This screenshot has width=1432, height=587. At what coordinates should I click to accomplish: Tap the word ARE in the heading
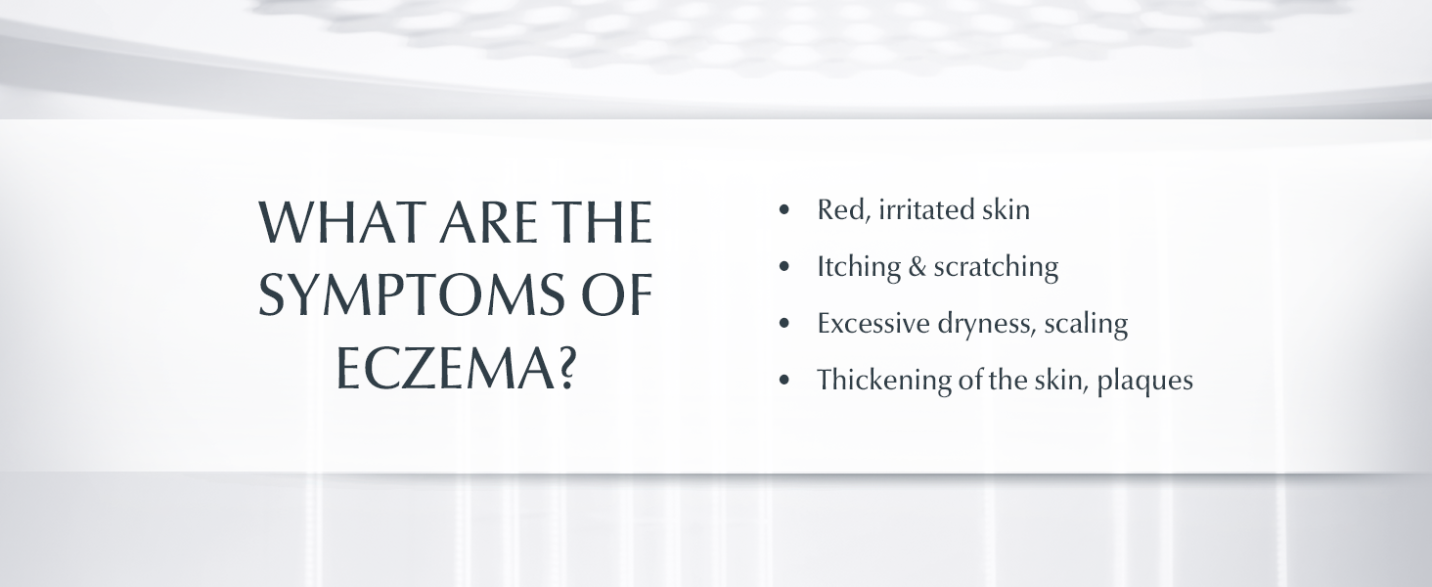coord(488,222)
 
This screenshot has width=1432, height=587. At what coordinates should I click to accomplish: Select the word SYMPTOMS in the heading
coord(411,294)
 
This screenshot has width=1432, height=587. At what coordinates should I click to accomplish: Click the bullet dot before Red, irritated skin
coord(784,209)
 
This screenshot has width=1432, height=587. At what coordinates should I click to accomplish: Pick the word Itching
coord(859,267)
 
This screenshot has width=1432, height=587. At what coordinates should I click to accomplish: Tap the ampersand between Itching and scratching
coord(917,267)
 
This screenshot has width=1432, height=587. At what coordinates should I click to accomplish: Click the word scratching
coord(996,267)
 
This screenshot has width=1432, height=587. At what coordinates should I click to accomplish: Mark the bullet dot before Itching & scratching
coord(784,266)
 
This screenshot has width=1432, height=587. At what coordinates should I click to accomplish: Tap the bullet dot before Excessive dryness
coord(784,323)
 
